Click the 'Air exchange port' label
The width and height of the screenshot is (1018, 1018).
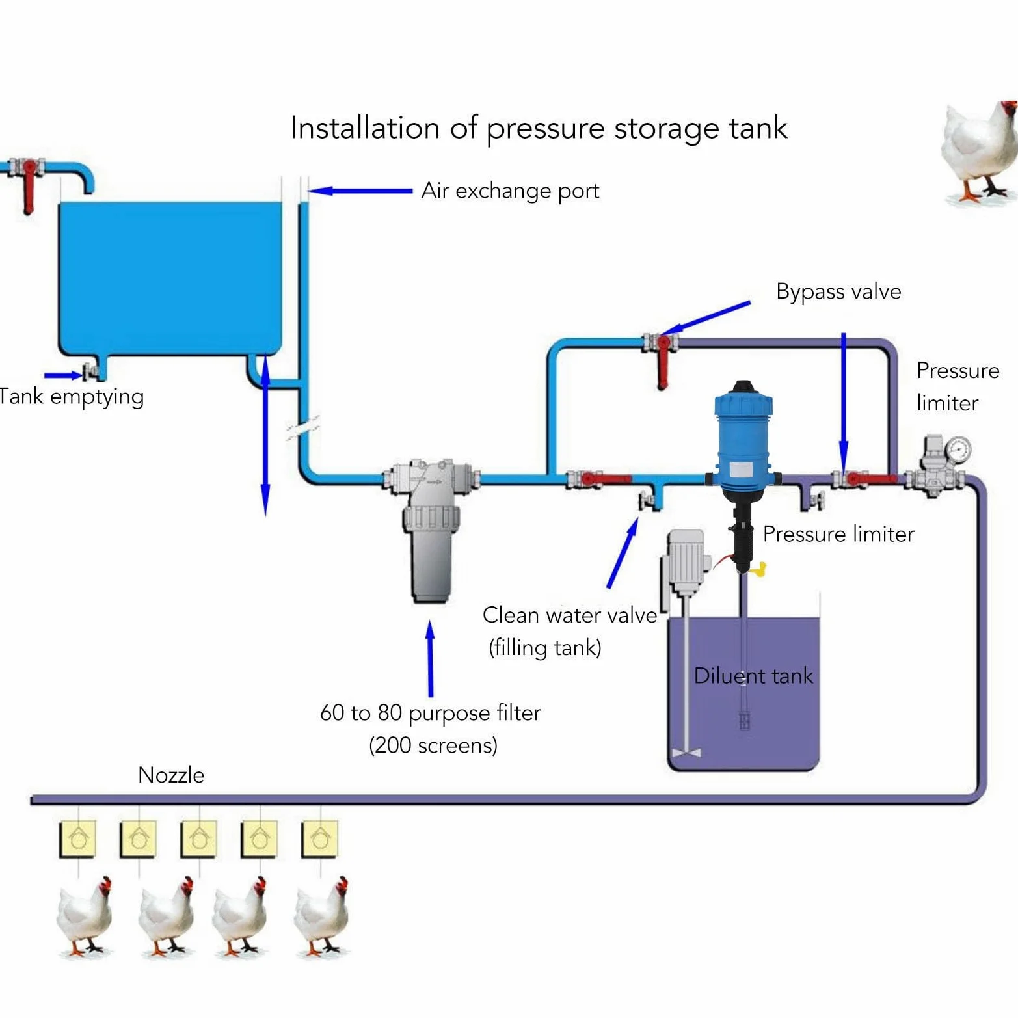[510, 191]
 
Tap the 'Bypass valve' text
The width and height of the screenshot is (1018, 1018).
[838, 292]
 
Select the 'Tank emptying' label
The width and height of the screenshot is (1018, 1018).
[71, 397]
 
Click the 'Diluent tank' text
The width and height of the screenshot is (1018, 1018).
[753, 676]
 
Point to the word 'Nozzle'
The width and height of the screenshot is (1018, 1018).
[171, 775]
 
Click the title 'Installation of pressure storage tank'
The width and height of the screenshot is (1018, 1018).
[539, 128]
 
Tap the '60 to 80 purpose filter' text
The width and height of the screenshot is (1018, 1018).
[430, 714]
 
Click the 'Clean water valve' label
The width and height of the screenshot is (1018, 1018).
[570, 615]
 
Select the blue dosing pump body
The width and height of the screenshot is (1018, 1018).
[743, 442]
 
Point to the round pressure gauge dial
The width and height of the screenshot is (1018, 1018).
[958, 449]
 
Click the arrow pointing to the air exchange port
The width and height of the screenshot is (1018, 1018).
[360, 191]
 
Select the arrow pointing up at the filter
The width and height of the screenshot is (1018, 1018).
[430, 658]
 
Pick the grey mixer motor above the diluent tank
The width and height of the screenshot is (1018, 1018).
[685, 563]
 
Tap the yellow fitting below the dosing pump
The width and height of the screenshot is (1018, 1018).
[759, 570]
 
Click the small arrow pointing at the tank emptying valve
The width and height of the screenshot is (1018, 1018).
[63, 375]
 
